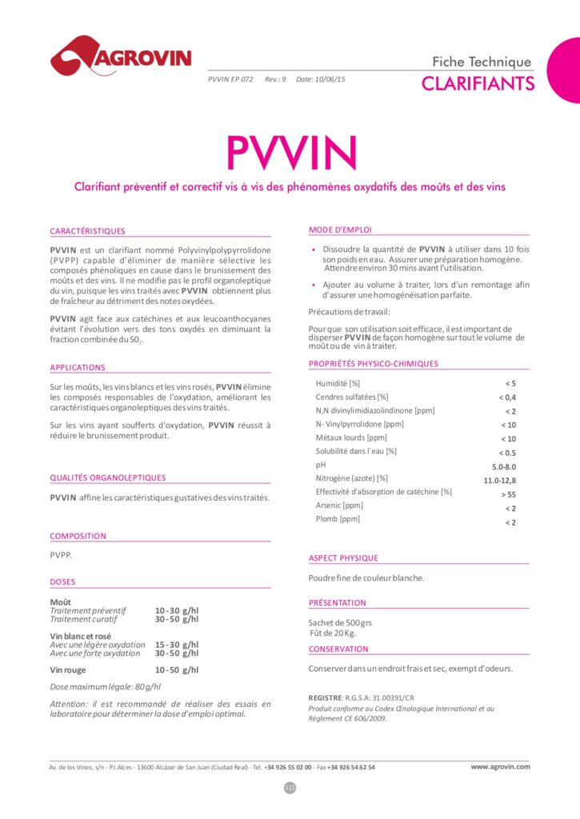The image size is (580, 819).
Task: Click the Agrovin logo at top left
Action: point(121,55)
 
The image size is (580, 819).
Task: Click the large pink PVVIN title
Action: point(290,151)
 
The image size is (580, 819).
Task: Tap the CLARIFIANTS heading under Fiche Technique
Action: point(477,83)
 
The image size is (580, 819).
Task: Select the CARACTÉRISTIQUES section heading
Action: point(87,231)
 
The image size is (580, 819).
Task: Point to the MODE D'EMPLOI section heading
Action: point(340,230)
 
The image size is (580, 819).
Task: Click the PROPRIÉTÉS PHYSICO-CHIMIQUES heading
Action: point(374,364)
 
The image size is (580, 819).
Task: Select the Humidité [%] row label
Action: point(338,383)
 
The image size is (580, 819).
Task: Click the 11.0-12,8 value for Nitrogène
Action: point(500,480)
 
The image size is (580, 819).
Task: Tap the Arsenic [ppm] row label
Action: point(339,505)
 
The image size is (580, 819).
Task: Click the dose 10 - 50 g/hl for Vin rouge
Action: point(177,670)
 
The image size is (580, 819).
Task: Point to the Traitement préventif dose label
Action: point(88,610)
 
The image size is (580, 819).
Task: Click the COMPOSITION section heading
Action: point(78,537)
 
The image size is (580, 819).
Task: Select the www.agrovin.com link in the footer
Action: point(500,766)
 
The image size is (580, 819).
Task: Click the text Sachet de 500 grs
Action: point(340,623)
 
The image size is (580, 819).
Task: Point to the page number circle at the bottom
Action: point(290,788)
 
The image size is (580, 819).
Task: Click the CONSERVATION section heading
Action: point(338,649)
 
